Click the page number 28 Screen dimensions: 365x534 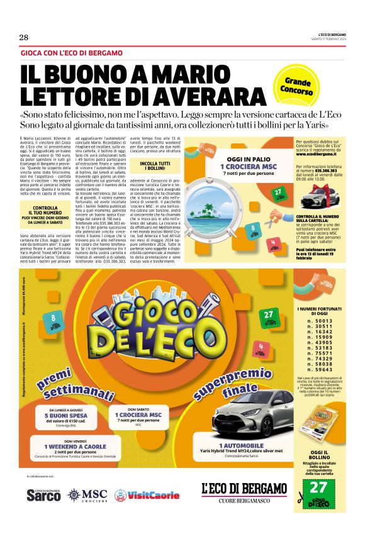[x=24, y=37]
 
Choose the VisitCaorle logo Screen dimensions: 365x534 [x=147, y=495]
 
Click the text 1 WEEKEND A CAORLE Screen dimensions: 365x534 [x=72, y=446]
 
